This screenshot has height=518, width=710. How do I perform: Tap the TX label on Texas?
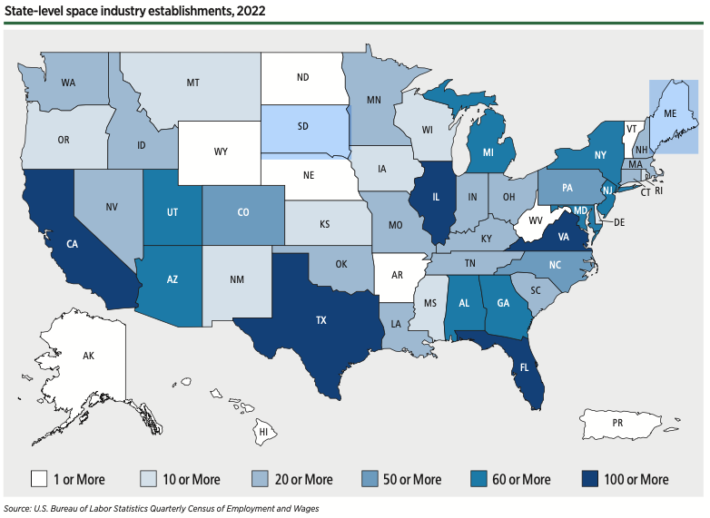click(320, 320)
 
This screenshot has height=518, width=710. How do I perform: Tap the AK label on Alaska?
click(88, 356)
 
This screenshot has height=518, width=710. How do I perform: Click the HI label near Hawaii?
click(262, 433)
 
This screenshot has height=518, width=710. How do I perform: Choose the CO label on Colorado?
click(242, 213)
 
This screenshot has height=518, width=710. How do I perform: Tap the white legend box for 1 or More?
click(39, 478)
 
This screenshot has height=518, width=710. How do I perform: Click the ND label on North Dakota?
click(303, 78)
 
